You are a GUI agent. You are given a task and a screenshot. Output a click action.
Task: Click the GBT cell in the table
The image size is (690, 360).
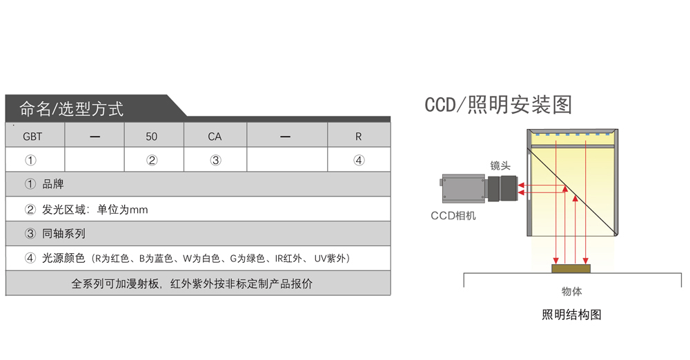tap(32, 137)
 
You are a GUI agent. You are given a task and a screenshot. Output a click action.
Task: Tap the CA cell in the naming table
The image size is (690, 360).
tap(215, 137)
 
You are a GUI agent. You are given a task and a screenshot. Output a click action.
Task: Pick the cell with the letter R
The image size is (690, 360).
tap(358, 137)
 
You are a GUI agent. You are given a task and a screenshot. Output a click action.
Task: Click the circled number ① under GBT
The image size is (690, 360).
tap(30, 161)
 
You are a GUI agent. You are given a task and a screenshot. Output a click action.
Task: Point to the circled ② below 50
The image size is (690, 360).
tap(152, 161)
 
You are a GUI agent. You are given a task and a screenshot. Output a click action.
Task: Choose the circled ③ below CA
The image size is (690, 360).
tap(215, 161)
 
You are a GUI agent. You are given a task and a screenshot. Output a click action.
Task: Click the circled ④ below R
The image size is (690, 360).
tap(359, 161)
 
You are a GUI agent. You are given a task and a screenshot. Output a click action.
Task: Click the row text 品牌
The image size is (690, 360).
tap(53, 185)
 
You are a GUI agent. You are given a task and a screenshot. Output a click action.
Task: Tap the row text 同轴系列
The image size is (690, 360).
tap(63, 234)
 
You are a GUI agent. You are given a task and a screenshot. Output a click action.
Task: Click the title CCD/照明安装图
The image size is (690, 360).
tap(498, 105)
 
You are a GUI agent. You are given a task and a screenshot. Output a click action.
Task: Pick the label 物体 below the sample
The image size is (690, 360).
tap(572, 292)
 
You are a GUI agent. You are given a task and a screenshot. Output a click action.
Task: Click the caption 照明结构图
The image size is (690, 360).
tap(571, 315)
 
